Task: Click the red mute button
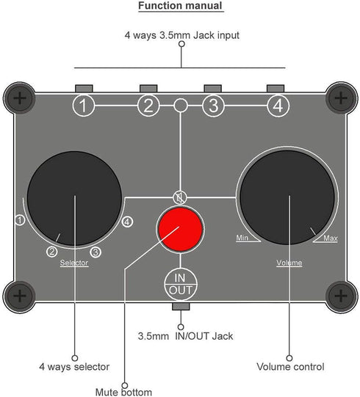click(180, 229)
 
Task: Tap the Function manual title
click(181, 6)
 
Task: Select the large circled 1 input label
click(83, 106)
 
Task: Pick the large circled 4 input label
click(278, 106)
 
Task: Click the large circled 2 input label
click(148, 106)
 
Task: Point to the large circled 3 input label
click(213, 106)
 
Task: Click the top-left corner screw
click(20, 98)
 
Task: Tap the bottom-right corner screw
click(341, 296)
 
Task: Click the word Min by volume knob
click(242, 238)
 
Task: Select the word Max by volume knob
click(331, 238)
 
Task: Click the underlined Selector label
click(74, 263)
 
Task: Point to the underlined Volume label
click(289, 263)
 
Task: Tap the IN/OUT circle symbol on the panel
click(181, 284)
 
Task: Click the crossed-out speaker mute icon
click(180, 197)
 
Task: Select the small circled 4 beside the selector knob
click(127, 222)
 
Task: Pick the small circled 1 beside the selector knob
click(20, 220)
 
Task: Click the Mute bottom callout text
click(123, 392)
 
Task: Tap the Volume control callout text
click(290, 367)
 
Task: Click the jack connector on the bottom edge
click(181, 306)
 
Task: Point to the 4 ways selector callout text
click(74, 367)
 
